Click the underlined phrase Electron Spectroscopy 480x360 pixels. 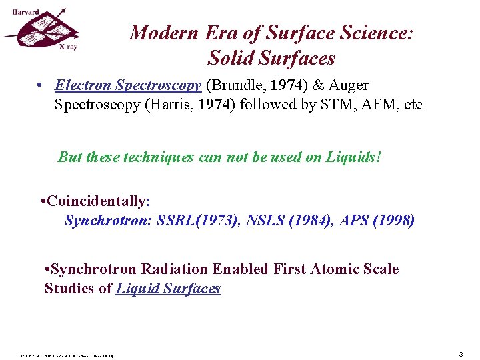pos(128,85)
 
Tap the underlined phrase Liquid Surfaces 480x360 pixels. pos(168,289)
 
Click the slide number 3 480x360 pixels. pos(461,355)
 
